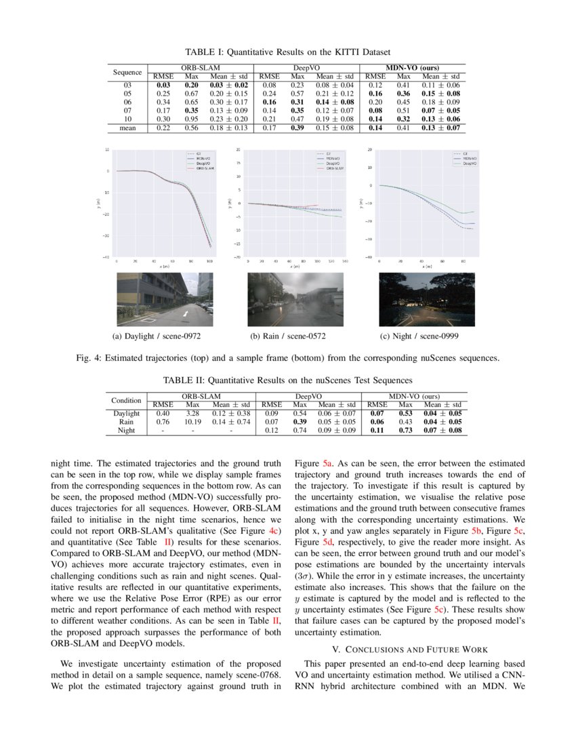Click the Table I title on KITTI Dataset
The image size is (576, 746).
[x=288, y=52]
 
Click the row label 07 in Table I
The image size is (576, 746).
[x=127, y=109]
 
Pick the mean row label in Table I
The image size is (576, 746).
[x=127, y=127]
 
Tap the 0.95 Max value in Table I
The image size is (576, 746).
[x=192, y=118]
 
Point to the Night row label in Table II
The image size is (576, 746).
[x=126, y=430]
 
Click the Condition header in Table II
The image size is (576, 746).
[x=126, y=400]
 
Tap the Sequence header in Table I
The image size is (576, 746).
[x=127, y=72]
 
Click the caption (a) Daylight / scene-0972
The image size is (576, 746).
[x=157, y=336]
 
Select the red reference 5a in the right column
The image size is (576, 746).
[x=329, y=463]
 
